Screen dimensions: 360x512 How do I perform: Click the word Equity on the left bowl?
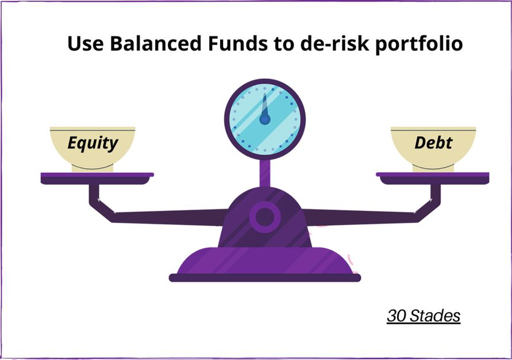pos(93,142)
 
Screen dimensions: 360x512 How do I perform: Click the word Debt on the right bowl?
pos(433,142)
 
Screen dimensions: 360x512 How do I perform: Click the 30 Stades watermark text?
pos(424,316)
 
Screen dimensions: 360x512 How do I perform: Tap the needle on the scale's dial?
pos(264,106)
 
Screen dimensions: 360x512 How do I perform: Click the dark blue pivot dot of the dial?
pos(264,119)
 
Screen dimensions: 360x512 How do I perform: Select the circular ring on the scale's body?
pos(264,217)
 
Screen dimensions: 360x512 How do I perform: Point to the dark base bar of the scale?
pos(264,278)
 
